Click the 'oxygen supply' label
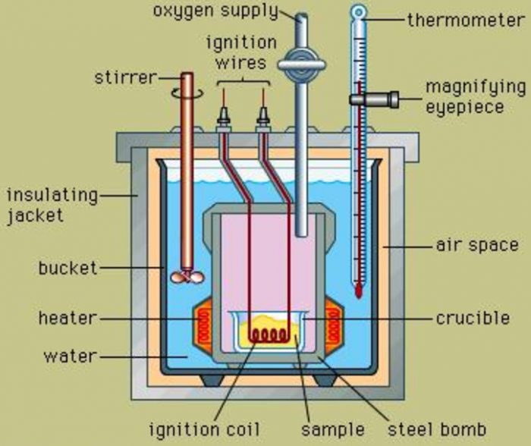tap(215, 12)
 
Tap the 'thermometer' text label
tap(465, 20)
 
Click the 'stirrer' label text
tap(125, 78)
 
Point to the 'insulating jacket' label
tap(52, 205)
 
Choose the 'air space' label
tap(477, 246)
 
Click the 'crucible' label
tap(472, 319)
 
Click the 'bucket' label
tap(68, 268)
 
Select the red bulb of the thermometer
tap(357, 289)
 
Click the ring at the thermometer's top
tap(358, 11)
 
